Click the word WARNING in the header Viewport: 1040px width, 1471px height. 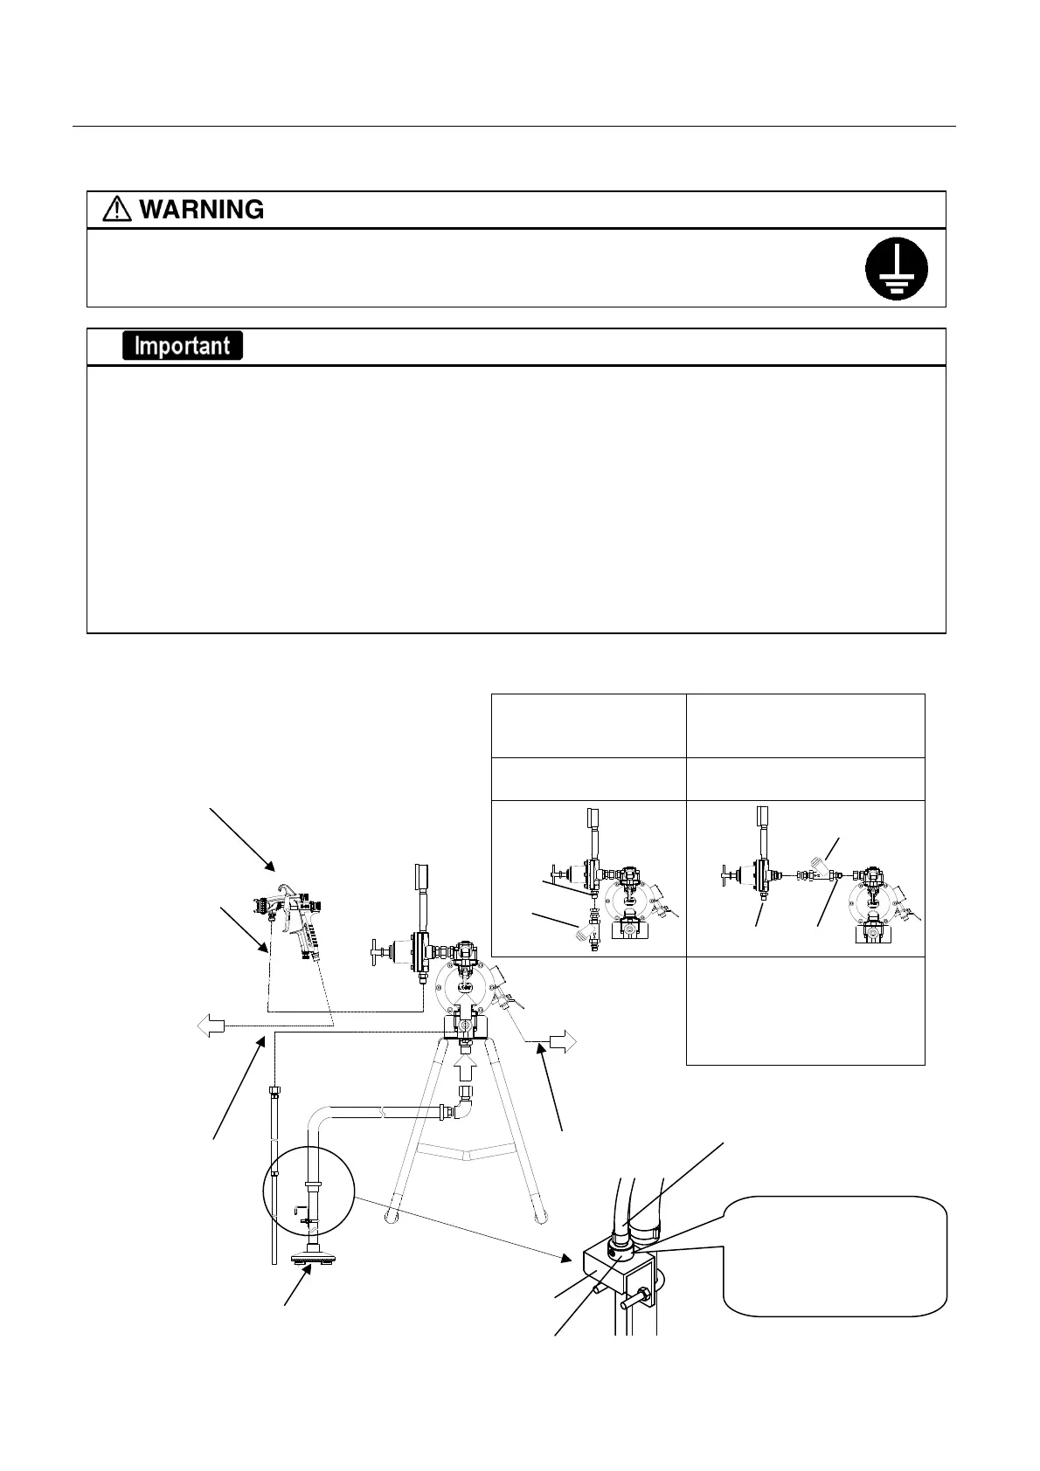(x=201, y=210)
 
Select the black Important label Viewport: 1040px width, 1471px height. (x=182, y=346)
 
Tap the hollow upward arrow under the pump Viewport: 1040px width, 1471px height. (x=465, y=1067)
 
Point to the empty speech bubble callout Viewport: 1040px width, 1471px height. (x=834, y=1255)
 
